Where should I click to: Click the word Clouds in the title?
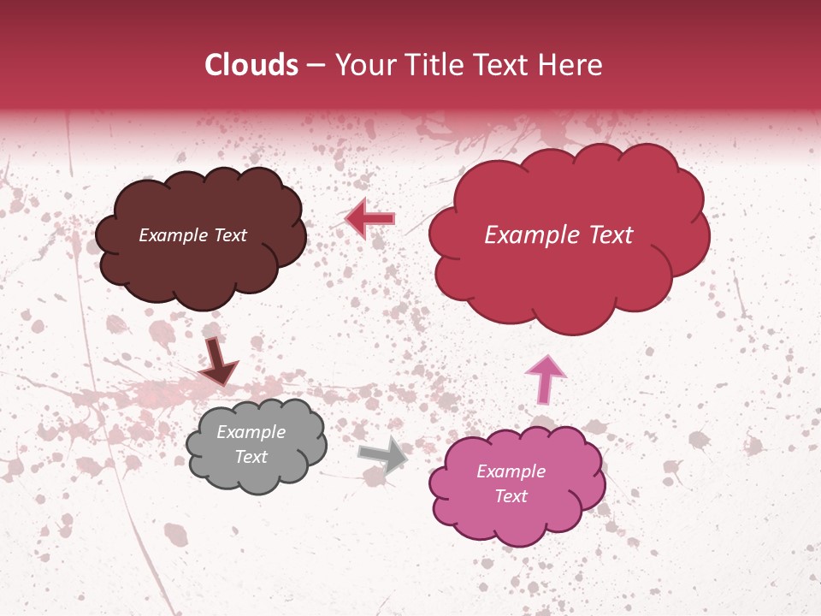coord(251,65)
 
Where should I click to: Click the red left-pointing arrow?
coord(370,219)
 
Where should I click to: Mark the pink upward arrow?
coord(546,379)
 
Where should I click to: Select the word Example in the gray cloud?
coord(251,433)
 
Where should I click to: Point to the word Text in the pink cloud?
coord(511,496)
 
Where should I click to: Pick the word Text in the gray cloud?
coord(251,457)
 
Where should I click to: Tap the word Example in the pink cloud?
coord(511,471)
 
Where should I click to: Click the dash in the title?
coord(316,65)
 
